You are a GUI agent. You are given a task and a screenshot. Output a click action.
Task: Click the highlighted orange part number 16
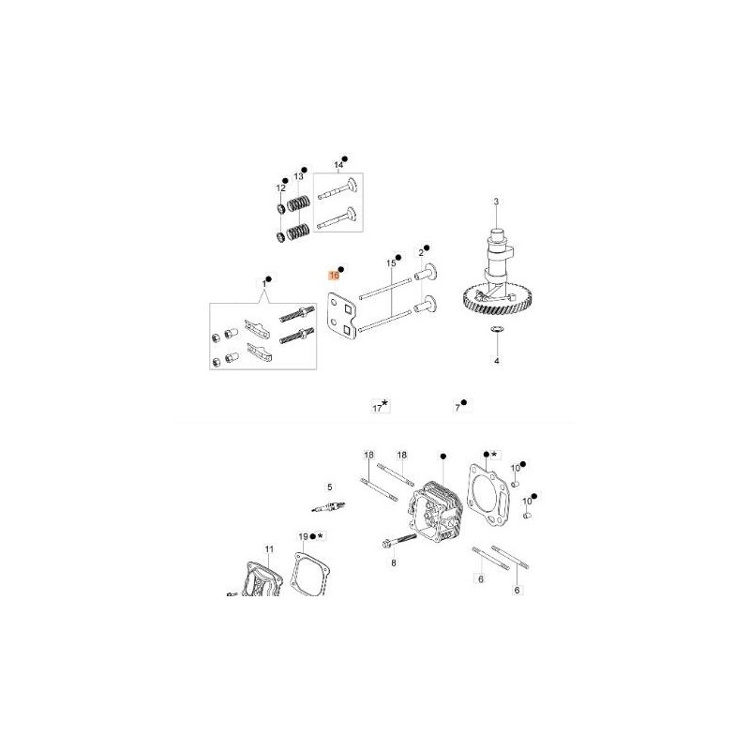point(334,276)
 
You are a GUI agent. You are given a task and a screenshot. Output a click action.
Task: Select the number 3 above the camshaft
point(496,202)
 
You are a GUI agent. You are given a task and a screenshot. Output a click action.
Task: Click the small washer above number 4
point(497,329)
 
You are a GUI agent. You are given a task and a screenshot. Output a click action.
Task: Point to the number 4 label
point(497,361)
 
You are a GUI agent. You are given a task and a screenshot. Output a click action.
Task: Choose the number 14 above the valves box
point(338,166)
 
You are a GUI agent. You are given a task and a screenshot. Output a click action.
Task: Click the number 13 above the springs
point(298,176)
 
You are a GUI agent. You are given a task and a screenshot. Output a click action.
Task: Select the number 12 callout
point(280,188)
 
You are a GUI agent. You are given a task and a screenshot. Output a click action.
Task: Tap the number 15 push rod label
point(391,263)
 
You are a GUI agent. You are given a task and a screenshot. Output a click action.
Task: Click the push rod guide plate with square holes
point(343,317)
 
